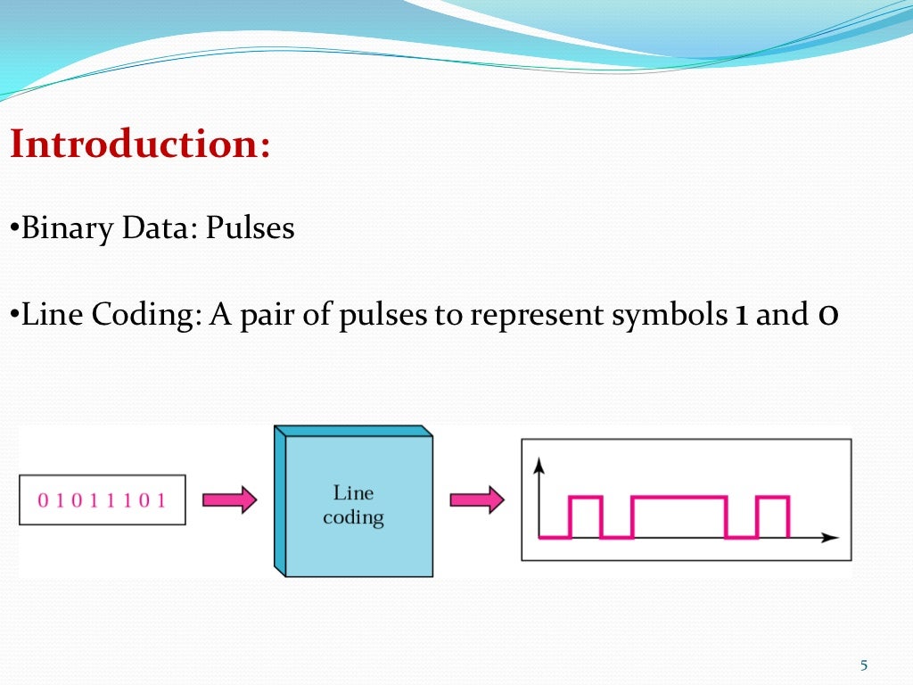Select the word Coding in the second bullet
[x=136, y=315]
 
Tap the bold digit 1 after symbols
[x=740, y=315]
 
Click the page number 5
[x=863, y=664]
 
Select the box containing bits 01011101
[x=102, y=499]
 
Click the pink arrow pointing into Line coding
[x=229, y=499]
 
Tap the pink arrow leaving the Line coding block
[x=476, y=499]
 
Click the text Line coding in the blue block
[x=353, y=505]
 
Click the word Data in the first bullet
[x=144, y=229]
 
